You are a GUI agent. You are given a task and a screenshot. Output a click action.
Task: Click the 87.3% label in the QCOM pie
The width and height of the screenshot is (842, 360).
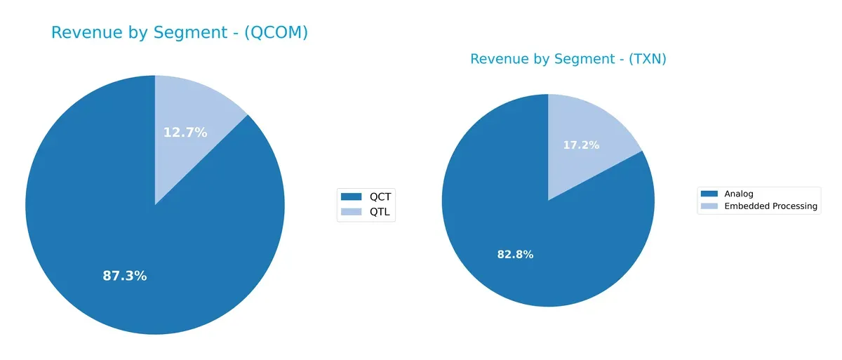[125, 276]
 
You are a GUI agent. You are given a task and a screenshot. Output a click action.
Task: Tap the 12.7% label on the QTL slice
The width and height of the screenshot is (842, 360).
[185, 132]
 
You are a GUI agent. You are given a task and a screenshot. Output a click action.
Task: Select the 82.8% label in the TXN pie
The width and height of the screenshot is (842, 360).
[515, 254]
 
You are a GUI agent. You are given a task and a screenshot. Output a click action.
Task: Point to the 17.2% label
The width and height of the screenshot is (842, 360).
[581, 145]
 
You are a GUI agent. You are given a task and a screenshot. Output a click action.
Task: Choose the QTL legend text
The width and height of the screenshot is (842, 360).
[380, 211]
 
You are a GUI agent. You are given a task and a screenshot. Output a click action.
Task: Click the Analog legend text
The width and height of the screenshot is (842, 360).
[738, 194]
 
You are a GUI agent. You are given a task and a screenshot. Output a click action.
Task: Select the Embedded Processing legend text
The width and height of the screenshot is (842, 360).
[770, 206]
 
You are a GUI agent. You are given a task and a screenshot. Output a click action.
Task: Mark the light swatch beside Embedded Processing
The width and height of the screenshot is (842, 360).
[709, 206]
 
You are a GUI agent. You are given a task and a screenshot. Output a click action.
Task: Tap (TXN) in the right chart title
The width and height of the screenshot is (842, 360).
[643, 60]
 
